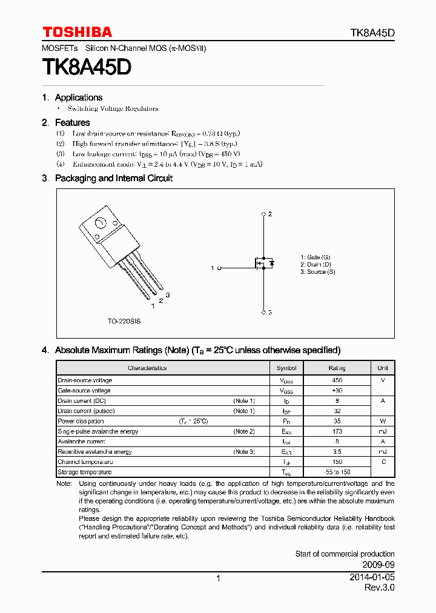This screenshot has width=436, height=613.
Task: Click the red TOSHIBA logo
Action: (x=77, y=32)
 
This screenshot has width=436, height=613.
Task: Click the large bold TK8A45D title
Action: (x=87, y=67)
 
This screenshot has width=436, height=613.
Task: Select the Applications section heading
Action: (x=78, y=98)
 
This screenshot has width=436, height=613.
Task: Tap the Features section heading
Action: (x=72, y=122)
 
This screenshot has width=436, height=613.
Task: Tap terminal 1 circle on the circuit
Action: (x=219, y=268)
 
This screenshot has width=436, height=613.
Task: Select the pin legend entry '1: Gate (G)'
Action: (x=315, y=257)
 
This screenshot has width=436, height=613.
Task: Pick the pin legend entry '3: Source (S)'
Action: (x=318, y=272)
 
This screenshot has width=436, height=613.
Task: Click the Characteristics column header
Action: (x=147, y=368)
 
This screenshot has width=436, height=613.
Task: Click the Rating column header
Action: (x=337, y=368)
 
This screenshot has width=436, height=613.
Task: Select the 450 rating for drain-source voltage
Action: (x=337, y=380)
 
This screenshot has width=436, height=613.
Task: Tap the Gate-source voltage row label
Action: (x=84, y=391)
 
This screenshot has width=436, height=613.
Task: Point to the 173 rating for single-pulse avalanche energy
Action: (x=337, y=431)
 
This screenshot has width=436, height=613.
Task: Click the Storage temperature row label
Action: (x=84, y=472)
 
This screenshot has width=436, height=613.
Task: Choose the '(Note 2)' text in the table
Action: (x=244, y=431)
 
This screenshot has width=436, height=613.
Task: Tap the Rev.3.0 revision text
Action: (x=379, y=588)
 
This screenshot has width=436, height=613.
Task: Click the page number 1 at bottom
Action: (x=218, y=578)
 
